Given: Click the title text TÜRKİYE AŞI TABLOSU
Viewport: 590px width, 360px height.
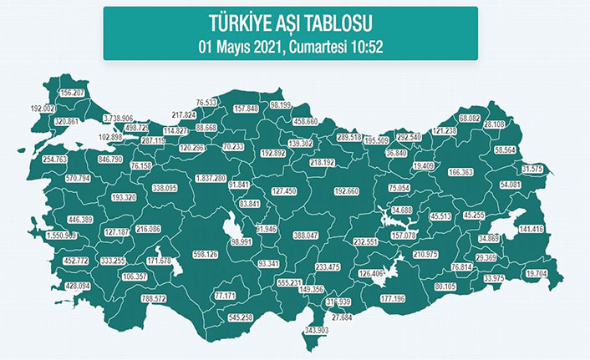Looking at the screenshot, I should (290, 21).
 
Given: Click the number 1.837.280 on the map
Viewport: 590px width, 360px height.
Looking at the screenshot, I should (210, 179).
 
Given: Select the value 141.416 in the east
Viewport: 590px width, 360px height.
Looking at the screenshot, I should (532, 229).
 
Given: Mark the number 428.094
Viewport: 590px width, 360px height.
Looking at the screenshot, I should (59, 286).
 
